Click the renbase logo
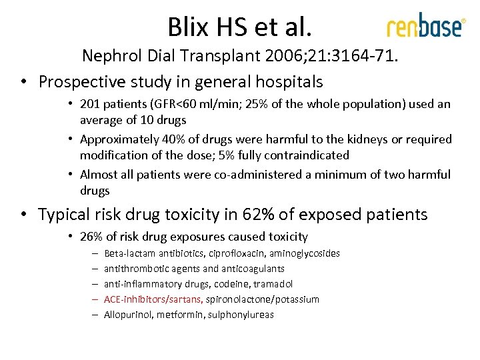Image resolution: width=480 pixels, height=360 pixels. point(425,27)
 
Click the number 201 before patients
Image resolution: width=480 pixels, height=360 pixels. point(89,104)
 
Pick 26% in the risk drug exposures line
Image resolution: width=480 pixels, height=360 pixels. point(91,236)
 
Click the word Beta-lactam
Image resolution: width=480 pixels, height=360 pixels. point(128,253)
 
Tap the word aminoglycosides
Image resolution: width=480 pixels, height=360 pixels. point(304,253)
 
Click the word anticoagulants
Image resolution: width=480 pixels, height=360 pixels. point(253,269)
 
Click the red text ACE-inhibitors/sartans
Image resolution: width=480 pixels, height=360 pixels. point(153,299)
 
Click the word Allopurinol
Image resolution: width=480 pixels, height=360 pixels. point(128,315)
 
